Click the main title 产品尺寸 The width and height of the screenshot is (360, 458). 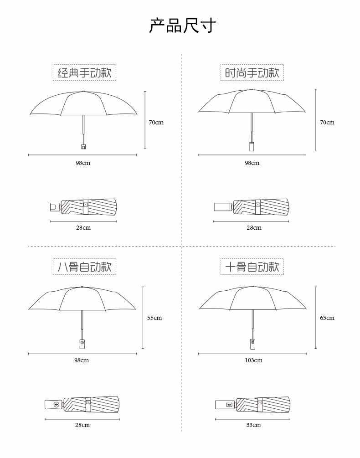182,26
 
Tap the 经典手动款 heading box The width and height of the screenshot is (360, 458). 84,72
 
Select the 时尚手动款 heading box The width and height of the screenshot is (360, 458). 252,72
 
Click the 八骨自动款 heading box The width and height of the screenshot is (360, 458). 84,267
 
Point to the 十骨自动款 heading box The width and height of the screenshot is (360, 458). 252,267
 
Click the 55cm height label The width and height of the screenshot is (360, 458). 154,318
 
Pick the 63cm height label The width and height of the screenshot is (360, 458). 327,318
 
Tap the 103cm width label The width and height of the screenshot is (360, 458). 253,360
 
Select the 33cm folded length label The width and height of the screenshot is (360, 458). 253,425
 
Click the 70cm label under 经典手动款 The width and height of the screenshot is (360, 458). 156,123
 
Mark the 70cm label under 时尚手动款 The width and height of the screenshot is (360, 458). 327,123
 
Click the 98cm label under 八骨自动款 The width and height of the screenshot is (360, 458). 82,360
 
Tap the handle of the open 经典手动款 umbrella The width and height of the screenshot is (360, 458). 83,146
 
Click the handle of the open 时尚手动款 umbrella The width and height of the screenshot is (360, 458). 252,146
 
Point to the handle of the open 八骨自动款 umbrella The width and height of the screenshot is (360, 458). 82,344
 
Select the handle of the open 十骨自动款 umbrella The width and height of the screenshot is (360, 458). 252,344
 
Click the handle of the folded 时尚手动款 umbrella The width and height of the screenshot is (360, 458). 223,207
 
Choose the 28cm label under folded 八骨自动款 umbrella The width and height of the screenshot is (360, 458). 82,425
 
